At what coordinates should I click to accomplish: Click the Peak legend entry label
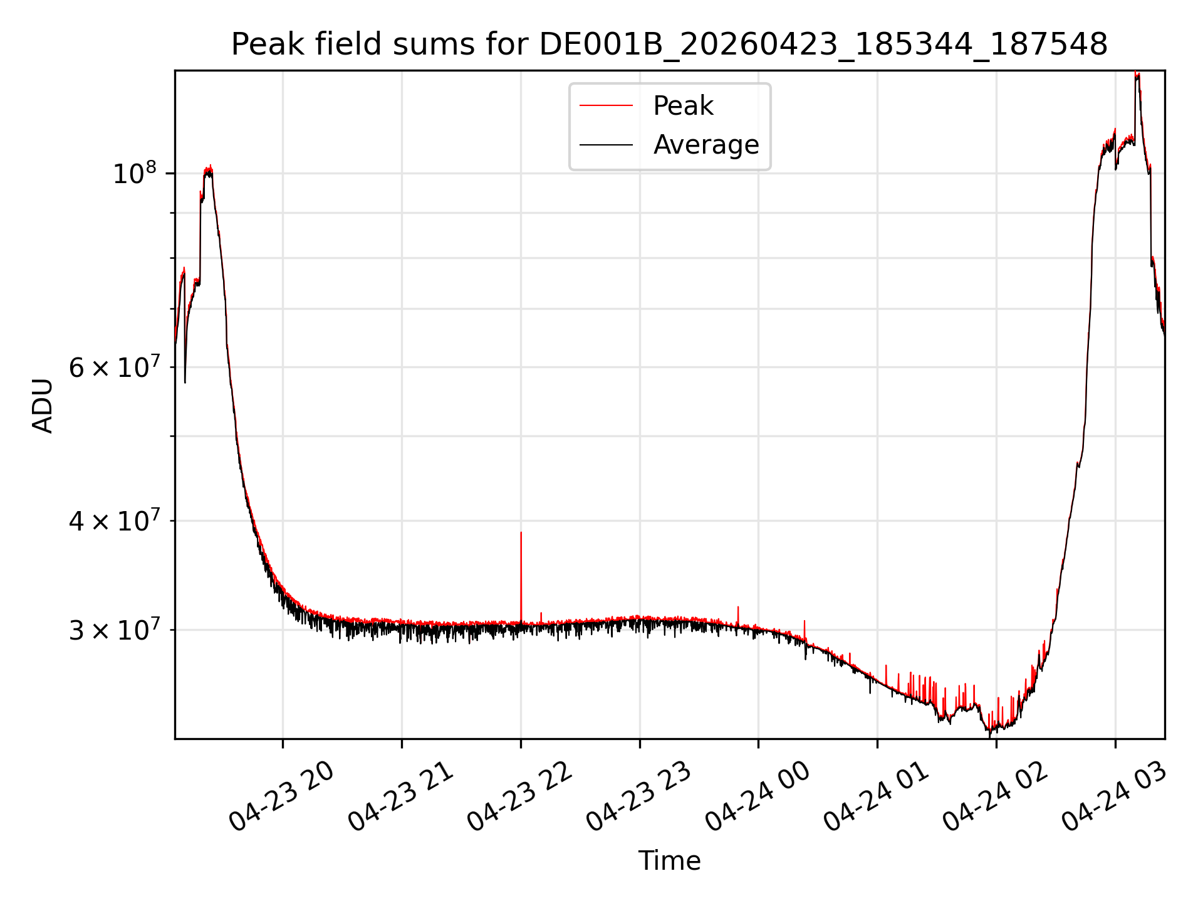pyautogui.click(x=683, y=106)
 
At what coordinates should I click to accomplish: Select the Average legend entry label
pyautogui.click(x=706, y=145)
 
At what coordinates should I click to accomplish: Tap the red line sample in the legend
pyautogui.click(x=606, y=106)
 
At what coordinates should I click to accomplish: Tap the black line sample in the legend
pyautogui.click(x=606, y=145)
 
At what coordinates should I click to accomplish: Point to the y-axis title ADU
pyautogui.click(x=43, y=405)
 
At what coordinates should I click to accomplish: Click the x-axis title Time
pyautogui.click(x=669, y=860)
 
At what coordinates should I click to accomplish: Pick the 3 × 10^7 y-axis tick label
pyautogui.click(x=115, y=629)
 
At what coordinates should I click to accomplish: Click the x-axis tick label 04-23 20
pyautogui.click(x=281, y=796)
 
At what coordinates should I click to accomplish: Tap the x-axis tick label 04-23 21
pyautogui.click(x=400, y=796)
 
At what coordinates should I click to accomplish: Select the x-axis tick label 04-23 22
pyautogui.click(x=519, y=796)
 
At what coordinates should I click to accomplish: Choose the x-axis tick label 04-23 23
pyautogui.click(x=638, y=796)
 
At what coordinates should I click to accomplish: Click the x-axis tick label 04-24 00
pyautogui.click(x=757, y=796)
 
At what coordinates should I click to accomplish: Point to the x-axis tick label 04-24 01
pyautogui.click(x=876, y=796)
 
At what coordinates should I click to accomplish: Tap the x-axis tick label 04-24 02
pyautogui.click(x=995, y=796)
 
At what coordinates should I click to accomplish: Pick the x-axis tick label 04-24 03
pyautogui.click(x=1114, y=796)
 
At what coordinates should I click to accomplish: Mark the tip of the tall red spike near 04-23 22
pyautogui.click(x=521, y=532)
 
